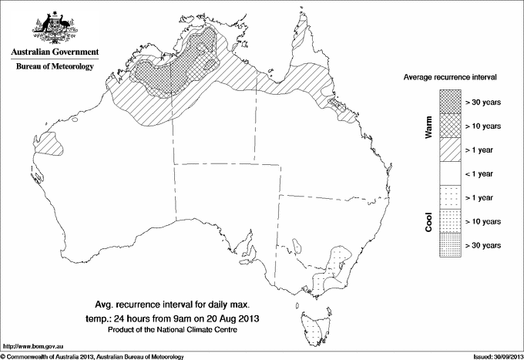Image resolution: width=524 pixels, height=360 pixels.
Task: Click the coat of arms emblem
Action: [53, 29]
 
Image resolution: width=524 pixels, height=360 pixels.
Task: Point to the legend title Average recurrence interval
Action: [454, 78]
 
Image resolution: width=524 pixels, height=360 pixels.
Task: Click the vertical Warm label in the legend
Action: [428, 126]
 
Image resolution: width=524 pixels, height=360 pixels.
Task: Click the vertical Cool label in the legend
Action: [428, 220]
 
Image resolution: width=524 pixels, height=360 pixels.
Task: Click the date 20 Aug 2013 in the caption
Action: [232, 318]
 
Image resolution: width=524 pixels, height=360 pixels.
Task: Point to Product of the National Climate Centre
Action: [183, 330]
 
